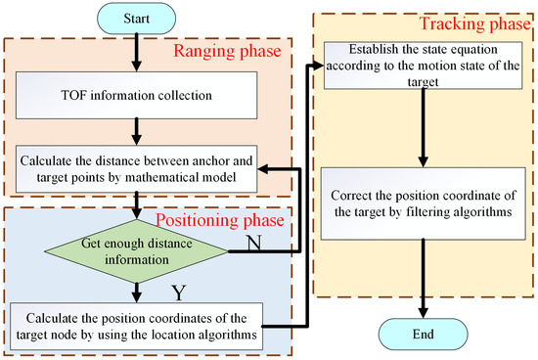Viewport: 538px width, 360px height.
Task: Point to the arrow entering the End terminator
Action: click(423, 284)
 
